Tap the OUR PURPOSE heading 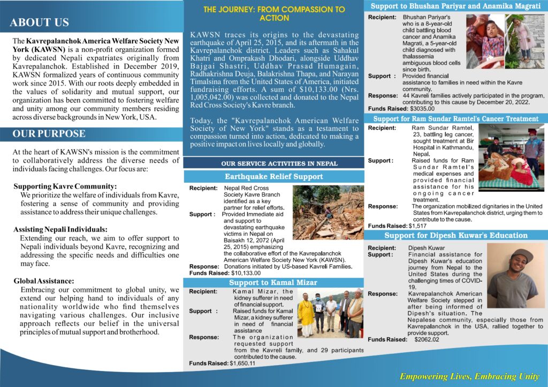(x=49, y=134)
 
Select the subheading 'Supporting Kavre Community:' (x=65, y=187)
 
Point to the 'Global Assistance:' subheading (x=44, y=281)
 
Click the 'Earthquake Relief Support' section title (x=273, y=177)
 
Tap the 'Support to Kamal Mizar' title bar (x=273, y=283)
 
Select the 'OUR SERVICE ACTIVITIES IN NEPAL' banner (x=273, y=163)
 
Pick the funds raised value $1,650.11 (x=242, y=363)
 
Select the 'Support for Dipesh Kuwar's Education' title (x=456, y=236)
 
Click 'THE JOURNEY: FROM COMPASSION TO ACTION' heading (x=274, y=14)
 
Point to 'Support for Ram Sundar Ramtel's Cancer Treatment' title (x=456, y=119)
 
